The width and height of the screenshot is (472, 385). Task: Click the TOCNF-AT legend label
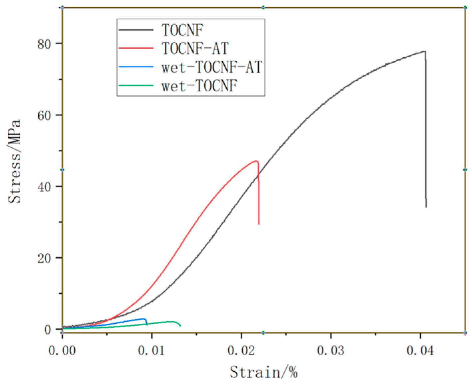point(195,48)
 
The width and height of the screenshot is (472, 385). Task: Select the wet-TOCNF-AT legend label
point(212,67)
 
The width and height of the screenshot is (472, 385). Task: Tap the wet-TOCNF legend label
point(199,86)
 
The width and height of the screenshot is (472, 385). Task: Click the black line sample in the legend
point(136,30)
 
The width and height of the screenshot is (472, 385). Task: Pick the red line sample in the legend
point(136,49)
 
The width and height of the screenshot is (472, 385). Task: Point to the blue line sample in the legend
point(136,67)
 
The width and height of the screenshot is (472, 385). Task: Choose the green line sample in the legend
point(136,86)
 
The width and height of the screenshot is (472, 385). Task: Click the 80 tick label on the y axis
point(45,44)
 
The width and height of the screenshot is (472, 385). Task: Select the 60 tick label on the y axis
point(45,115)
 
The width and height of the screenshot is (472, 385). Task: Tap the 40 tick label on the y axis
point(45,187)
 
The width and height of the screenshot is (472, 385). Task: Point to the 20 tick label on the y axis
point(45,258)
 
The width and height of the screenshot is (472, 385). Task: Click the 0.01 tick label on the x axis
point(152,351)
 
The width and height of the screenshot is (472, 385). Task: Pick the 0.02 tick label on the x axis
point(241,351)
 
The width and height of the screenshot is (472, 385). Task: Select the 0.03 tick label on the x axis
point(331,351)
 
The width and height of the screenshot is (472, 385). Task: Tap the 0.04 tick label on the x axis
point(420,351)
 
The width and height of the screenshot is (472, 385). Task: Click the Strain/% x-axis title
point(263,372)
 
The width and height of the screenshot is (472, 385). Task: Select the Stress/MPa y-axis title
point(15,162)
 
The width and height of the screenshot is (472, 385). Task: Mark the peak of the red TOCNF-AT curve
point(256,161)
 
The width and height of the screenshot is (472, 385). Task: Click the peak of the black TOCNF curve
point(424,51)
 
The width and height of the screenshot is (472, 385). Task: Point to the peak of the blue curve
point(144,319)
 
